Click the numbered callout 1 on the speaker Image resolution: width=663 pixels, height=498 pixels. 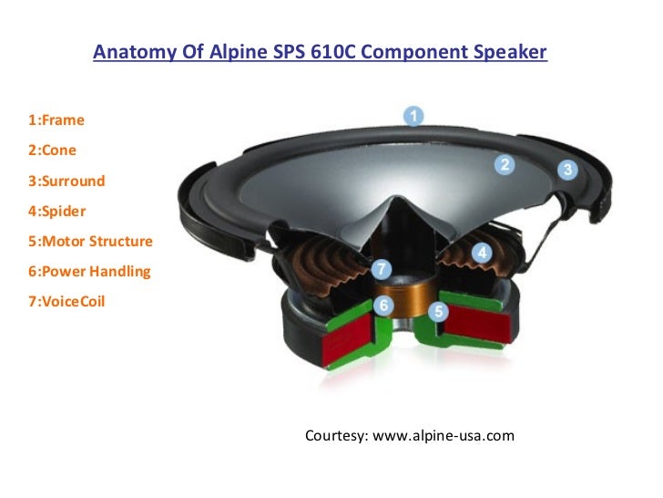(x=413, y=116)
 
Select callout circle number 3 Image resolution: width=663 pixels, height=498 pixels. (x=566, y=169)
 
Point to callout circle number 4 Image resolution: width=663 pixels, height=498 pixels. (x=482, y=252)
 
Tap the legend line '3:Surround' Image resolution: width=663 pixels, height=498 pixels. (x=66, y=181)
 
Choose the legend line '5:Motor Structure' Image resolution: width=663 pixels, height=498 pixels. (x=90, y=241)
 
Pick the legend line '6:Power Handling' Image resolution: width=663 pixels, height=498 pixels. (x=89, y=271)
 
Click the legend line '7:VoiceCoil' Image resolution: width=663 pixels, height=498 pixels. (x=66, y=300)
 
